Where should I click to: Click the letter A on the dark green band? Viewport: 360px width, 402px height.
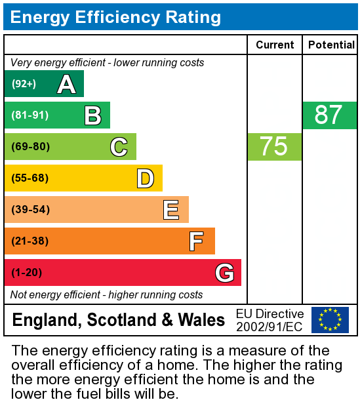66,84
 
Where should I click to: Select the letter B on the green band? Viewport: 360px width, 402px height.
92,115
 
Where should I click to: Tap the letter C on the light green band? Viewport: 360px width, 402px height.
119,147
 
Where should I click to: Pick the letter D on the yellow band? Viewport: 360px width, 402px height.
145,178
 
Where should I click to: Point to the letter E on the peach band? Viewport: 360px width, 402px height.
171,210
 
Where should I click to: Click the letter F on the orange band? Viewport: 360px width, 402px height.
196,241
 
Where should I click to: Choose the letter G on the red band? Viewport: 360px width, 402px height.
224,273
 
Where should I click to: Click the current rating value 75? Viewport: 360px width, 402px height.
274,146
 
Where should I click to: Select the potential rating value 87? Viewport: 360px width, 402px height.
329,115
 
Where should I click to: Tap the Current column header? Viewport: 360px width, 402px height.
275,45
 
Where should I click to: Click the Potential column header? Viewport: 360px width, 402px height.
330,45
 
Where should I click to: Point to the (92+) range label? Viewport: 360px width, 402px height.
24,84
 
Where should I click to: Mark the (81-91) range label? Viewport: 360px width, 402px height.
30,115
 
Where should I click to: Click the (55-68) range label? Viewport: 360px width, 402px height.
30,178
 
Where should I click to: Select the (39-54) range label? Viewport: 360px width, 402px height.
30,210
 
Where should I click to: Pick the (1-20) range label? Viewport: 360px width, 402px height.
27,273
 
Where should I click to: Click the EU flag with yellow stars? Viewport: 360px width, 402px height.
330,320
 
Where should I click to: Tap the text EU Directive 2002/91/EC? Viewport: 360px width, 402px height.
270,320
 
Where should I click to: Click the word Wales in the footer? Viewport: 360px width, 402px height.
202,320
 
